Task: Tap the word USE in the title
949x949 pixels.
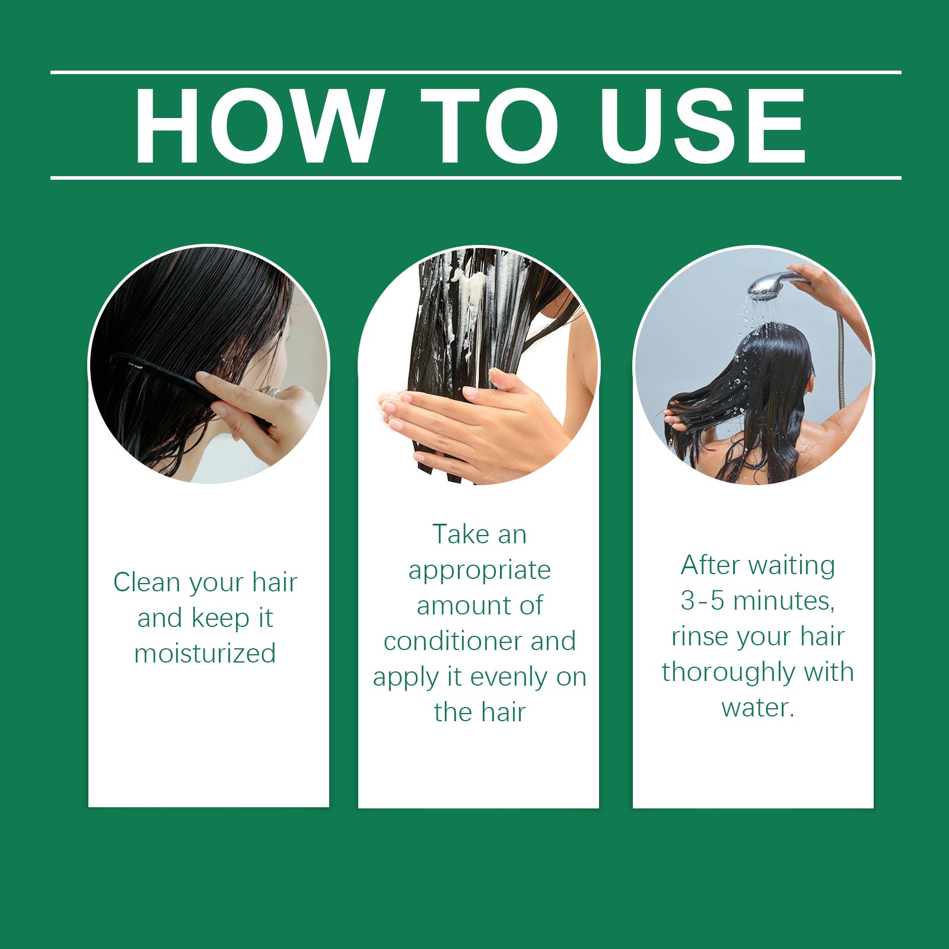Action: (x=702, y=126)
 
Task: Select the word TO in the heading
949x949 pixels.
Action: (x=490, y=126)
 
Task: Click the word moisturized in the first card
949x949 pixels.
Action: (x=205, y=654)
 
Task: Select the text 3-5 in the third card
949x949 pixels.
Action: (x=702, y=601)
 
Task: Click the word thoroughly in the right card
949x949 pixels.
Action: (x=728, y=673)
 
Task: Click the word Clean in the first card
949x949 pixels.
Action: (x=146, y=582)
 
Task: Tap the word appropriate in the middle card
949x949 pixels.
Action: (x=479, y=571)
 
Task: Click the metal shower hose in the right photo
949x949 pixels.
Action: (x=840, y=356)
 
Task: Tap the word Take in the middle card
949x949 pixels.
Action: (x=460, y=534)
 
